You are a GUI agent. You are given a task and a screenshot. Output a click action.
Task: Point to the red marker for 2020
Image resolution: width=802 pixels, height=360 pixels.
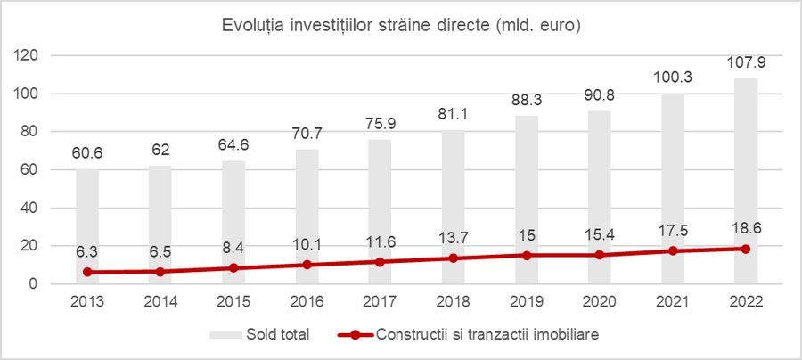click(x=600, y=255)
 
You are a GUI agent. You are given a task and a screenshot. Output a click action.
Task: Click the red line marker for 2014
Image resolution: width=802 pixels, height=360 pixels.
click(x=160, y=272)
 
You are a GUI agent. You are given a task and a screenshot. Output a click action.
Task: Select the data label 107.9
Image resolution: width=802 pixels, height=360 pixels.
click(x=746, y=64)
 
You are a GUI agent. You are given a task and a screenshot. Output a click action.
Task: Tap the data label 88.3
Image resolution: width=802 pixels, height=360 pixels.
click(x=527, y=102)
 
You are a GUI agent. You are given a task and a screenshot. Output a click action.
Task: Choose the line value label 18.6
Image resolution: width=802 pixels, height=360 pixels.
click(x=746, y=227)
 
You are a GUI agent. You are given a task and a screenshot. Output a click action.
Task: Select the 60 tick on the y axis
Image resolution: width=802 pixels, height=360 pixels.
click(x=30, y=169)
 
